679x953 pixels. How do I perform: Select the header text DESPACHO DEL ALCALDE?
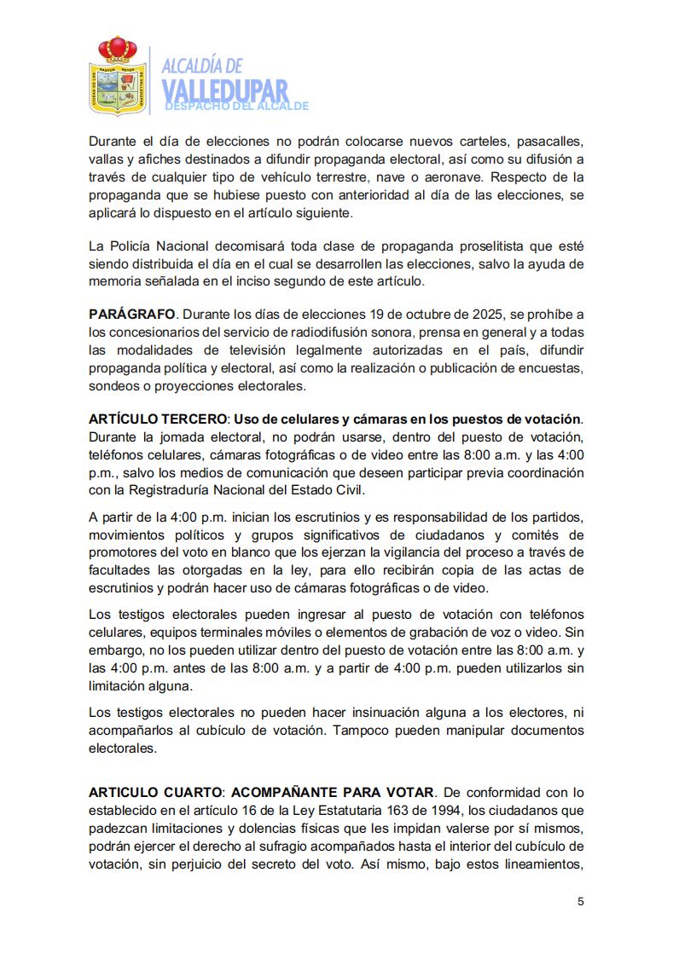tap(236, 107)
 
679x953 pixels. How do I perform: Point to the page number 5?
tap(581, 902)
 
